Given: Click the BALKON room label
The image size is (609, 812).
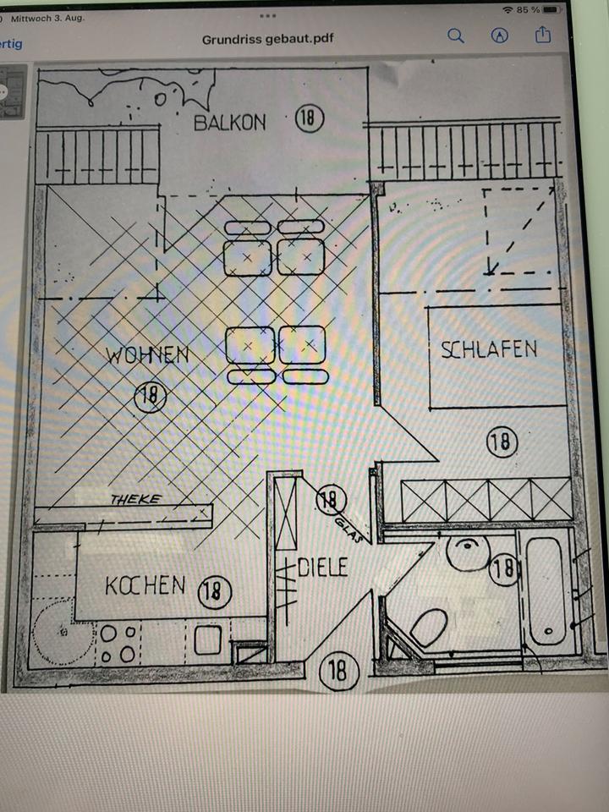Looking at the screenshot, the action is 230,123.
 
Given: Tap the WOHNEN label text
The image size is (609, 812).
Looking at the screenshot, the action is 147,355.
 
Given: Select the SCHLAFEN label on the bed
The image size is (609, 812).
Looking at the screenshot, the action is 489,349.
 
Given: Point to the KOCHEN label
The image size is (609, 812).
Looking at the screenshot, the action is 145,585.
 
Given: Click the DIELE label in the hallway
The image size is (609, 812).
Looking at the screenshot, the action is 322,568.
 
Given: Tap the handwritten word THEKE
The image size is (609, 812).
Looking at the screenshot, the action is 135,499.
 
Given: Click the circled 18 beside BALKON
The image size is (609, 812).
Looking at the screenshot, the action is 310,118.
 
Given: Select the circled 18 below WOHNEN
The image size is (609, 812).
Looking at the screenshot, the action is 151,397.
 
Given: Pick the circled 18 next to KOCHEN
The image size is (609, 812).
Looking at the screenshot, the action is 214,592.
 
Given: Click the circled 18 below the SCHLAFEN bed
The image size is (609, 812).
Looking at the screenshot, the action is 502,442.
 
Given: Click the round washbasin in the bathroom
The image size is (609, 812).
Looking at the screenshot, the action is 468,553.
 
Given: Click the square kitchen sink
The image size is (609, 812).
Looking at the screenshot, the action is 208,640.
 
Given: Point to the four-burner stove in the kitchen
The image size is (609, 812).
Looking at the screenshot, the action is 118,643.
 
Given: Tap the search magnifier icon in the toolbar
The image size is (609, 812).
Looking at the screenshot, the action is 456,36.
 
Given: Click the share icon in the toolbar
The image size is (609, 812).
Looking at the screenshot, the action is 543,35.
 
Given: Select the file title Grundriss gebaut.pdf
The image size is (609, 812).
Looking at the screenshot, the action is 268,40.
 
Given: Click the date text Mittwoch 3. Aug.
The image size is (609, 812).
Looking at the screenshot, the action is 47,18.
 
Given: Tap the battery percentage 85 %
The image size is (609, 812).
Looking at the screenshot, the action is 528,10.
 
